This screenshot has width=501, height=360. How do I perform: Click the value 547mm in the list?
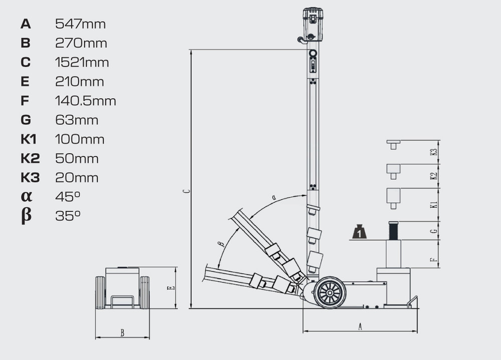[x=80, y=24]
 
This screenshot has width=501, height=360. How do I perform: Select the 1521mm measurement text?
[x=82, y=62]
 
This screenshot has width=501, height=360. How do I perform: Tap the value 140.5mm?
[x=85, y=101]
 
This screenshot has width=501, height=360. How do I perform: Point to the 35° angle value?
[x=68, y=216]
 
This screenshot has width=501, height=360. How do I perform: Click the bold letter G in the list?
[x=26, y=120]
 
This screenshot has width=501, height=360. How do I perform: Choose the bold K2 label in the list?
[x=31, y=158]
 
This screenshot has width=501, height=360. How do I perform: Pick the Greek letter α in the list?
[x=27, y=196]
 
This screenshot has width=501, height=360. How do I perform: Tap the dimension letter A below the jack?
[x=360, y=326]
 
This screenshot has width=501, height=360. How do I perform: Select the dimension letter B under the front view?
[x=122, y=333]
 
